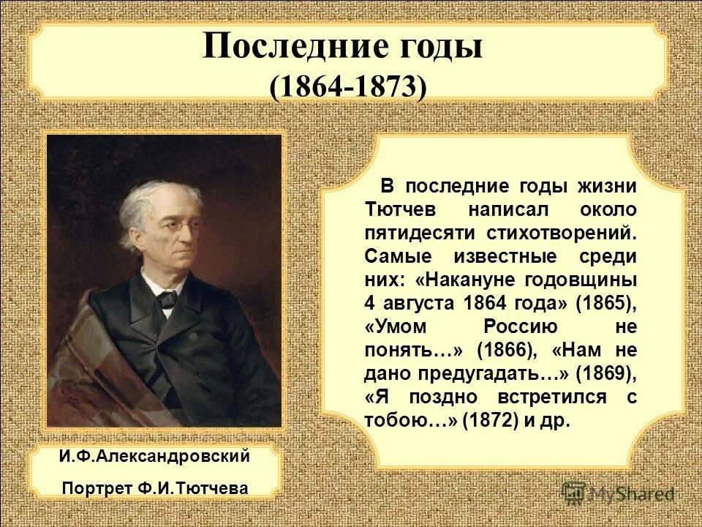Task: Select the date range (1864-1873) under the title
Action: click(x=347, y=88)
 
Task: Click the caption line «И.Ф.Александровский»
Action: click(x=155, y=456)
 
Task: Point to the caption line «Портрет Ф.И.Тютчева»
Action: click(x=155, y=487)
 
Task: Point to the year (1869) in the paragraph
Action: click(x=605, y=373)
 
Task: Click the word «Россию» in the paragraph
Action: click(x=520, y=326)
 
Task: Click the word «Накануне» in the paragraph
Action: click(x=479, y=280)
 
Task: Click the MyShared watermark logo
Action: click(x=618, y=493)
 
